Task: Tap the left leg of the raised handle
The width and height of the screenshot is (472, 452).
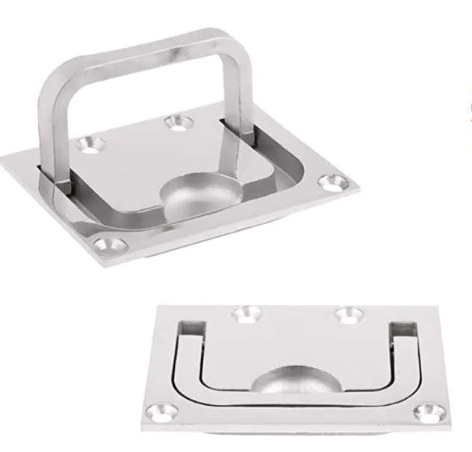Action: [x=49, y=127]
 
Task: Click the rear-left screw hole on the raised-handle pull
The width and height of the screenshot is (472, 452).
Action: [x=92, y=144]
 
